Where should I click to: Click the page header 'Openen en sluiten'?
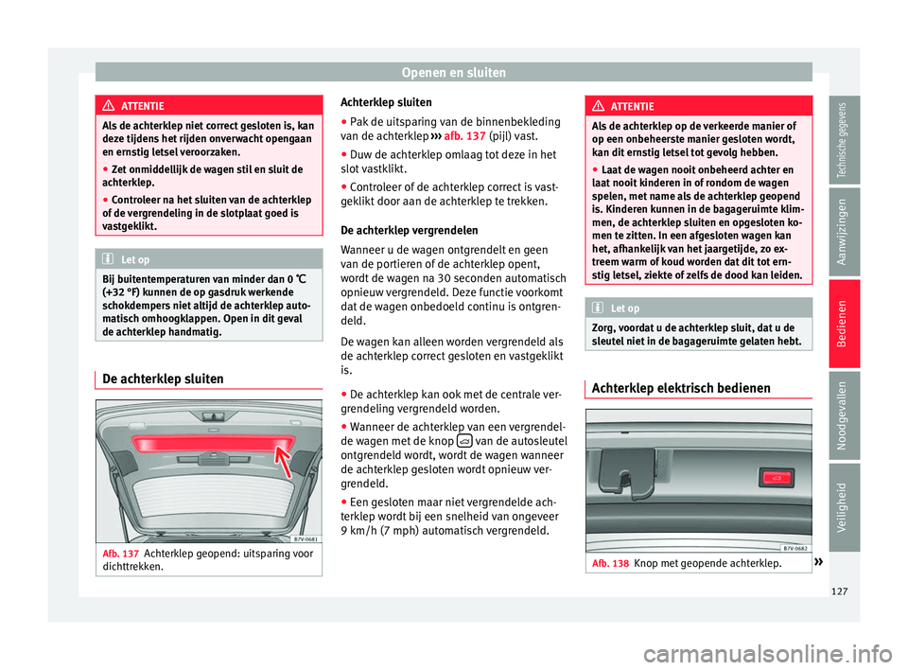(x=454, y=72)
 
